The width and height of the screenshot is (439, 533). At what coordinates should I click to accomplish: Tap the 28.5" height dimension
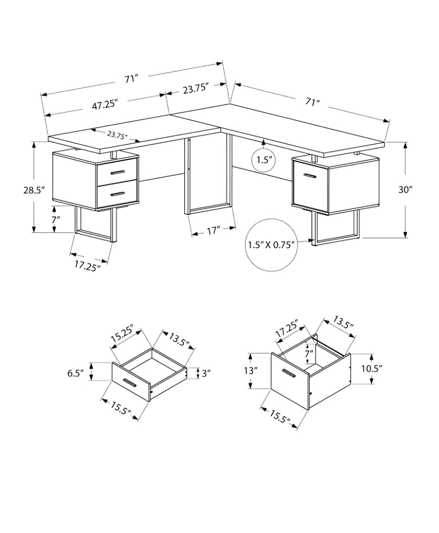pyautogui.click(x=34, y=190)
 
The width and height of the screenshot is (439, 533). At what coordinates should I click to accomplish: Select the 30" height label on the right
pyautogui.click(x=405, y=190)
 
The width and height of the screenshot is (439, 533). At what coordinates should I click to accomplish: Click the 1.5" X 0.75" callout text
pyautogui.click(x=271, y=245)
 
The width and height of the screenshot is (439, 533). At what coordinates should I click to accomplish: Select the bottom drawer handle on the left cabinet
pyautogui.click(x=117, y=194)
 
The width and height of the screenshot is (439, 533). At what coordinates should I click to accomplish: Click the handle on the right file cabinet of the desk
pyautogui.click(x=310, y=176)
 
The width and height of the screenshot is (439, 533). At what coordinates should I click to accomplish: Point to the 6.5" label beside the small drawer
pyautogui.click(x=75, y=373)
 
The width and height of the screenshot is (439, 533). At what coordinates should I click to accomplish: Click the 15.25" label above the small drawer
pyautogui.click(x=121, y=335)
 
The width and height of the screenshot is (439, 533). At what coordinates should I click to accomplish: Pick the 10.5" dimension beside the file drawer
pyautogui.click(x=372, y=369)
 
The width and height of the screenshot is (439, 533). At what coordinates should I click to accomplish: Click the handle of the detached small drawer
pyautogui.click(x=130, y=382)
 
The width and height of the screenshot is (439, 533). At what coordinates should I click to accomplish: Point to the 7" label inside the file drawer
pyautogui.click(x=309, y=353)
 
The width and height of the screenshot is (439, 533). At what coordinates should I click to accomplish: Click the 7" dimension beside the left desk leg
pyautogui.click(x=55, y=220)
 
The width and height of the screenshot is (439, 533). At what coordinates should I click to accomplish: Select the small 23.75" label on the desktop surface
pyautogui.click(x=117, y=135)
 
